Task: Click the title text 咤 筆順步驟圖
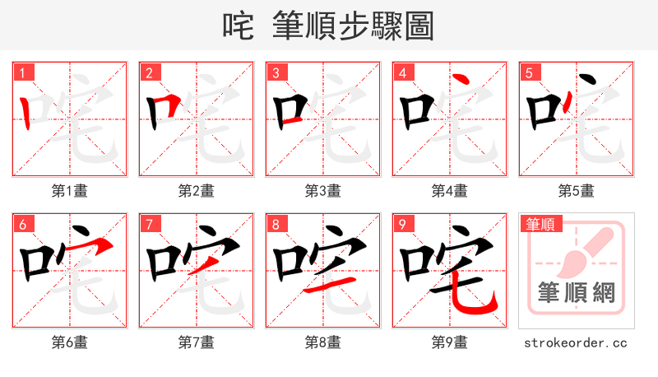(328, 26)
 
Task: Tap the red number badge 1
(21, 72)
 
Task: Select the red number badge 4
(401, 72)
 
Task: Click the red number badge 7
(148, 224)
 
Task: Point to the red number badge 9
(401, 224)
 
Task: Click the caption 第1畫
(70, 191)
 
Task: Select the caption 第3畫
(323, 191)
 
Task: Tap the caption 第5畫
(577, 191)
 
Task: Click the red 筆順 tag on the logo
(540, 224)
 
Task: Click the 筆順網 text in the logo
(577, 292)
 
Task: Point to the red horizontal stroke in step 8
(329, 284)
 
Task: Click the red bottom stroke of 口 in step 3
(289, 122)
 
